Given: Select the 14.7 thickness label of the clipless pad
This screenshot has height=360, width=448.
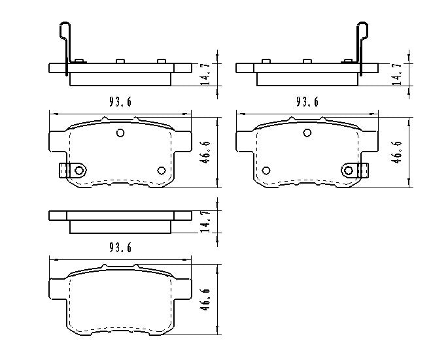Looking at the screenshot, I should (x=205, y=221).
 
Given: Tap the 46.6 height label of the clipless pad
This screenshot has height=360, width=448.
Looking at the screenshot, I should (x=205, y=299).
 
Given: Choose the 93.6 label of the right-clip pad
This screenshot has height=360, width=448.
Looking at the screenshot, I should (x=307, y=101).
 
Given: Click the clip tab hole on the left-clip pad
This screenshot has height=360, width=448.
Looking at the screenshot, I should (x=79, y=171).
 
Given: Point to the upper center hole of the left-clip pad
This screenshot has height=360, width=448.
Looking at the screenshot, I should (x=120, y=133).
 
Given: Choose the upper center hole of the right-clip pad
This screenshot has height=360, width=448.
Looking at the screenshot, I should (x=307, y=133).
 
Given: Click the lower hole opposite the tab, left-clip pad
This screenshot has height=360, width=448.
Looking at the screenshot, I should (x=162, y=171).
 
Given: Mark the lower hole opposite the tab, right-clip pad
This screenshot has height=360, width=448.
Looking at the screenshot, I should (x=266, y=171).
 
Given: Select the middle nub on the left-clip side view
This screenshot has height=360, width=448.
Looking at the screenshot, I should (x=120, y=61).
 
